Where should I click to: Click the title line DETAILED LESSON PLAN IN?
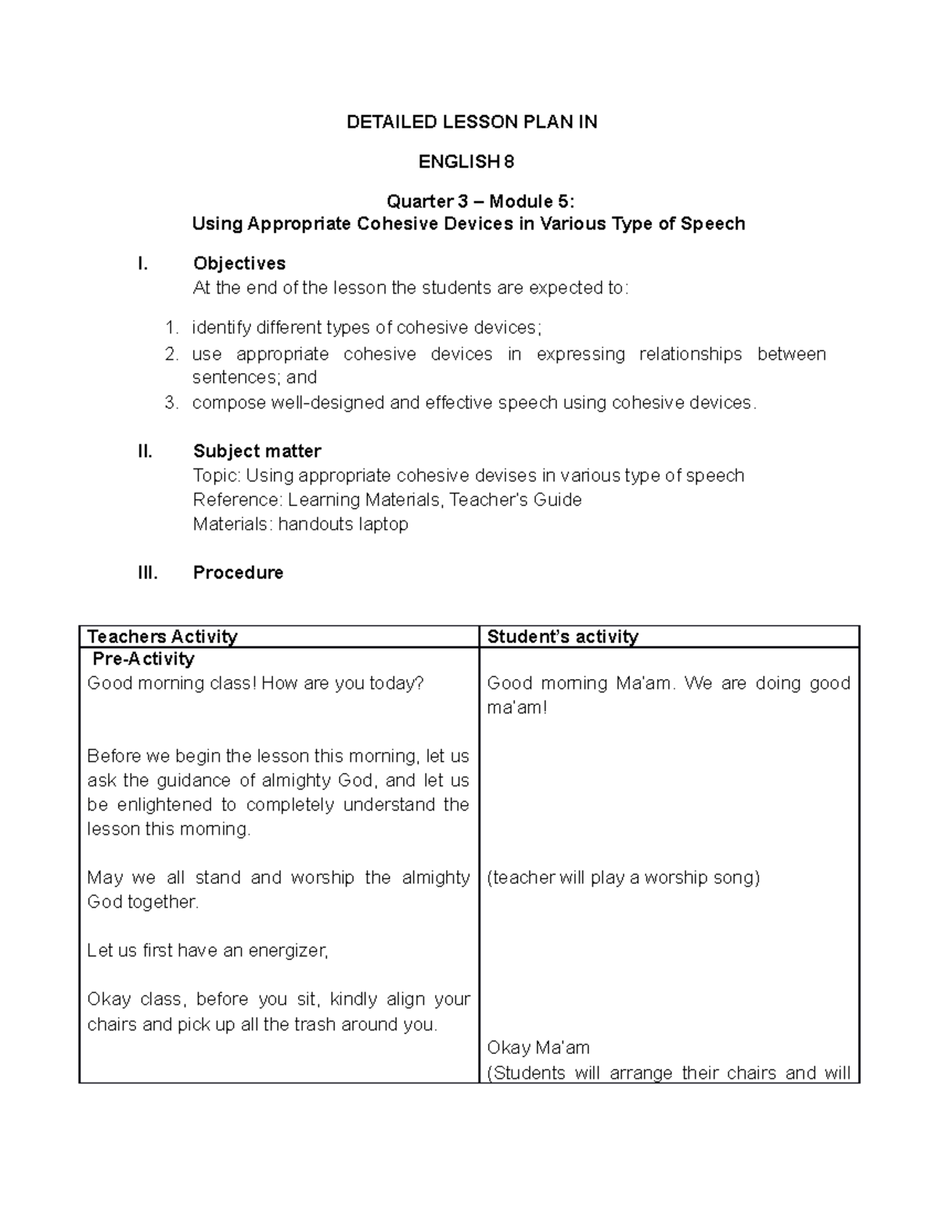pyautogui.click(x=472, y=122)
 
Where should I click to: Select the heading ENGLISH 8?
pyautogui.click(x=466, y=162)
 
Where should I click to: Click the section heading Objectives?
pyautogui.click(x=239, y=264)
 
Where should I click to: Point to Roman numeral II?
pyautogui.click(x=145, y=451)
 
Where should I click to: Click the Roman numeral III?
pyautogui.click(x=147, y=573)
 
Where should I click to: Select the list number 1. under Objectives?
pyautogui.click(x=171, y=328)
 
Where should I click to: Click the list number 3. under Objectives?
pyautogui.click(x=171, y=403)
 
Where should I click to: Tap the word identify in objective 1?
pyautogui.click(x=220, y=328)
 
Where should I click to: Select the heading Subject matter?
pyautogui.click(x=257, y=451)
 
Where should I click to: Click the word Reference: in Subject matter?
pyautogui.click(x=238, y=500)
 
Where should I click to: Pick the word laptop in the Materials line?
pyautogui.click(x=383, y=524)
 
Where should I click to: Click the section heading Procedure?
pyautogui.click(x=238, y=573)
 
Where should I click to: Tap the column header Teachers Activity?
pyautogui.click(x=162, y=637)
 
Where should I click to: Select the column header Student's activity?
pyautogui.click(x=562, y=637)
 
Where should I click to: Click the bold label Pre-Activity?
pyautogui.click(x=143, y=659)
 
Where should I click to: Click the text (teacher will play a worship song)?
pyautogui.click(x=623, y=878)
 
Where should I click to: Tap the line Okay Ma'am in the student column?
pyautogui.click(x=538, y=1048)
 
